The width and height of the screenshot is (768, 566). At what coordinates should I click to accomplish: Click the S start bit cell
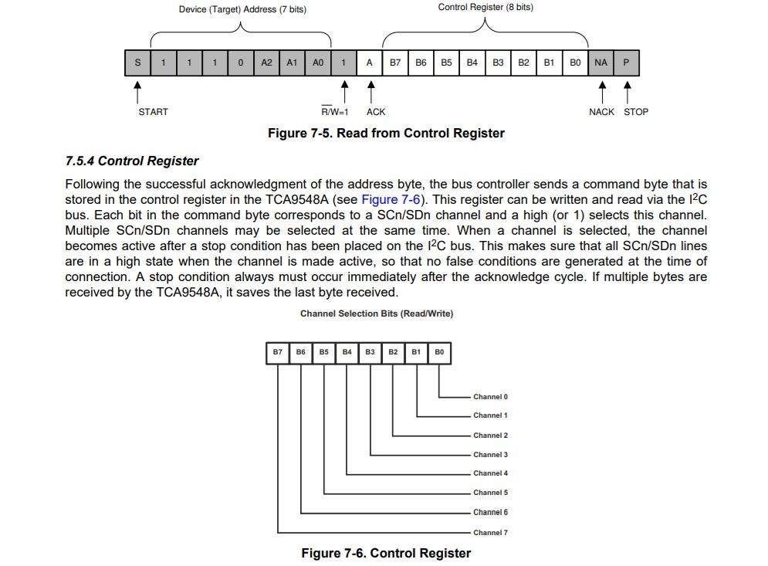tap(137, 63)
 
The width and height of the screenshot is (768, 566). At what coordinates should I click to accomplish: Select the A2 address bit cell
tap(266, 63)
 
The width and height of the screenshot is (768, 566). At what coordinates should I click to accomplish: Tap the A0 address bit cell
tap(318, 63)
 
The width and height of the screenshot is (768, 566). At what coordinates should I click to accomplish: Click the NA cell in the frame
tap(601, 63)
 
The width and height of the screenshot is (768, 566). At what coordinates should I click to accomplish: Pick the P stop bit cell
tap(627, 63)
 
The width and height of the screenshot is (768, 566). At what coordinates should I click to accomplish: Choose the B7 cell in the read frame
tap(395, 63)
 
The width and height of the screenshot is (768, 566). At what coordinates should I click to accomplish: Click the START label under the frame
tap(153, 112)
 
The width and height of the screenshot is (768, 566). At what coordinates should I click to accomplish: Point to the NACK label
tap(601, 112)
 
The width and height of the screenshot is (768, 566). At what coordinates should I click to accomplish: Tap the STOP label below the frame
tap(636, 112)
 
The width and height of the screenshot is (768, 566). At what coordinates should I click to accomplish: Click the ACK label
tap(376, 112)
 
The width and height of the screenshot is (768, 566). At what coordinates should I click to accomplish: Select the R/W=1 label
tap(335, 112)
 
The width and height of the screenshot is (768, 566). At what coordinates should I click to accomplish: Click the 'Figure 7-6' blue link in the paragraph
tap(391, 199)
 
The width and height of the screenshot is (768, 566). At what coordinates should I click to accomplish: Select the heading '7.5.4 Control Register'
tap(132, 161)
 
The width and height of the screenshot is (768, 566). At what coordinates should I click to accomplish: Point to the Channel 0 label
tap(490, 397)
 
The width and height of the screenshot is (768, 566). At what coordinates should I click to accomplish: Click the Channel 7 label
tap(490, 533)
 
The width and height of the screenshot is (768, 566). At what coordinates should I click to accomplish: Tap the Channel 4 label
tap(490, 473)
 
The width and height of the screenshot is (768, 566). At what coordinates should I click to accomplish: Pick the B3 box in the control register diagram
tap(370, 352)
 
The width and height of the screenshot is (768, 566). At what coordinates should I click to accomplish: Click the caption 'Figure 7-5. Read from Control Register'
tap(386, 134)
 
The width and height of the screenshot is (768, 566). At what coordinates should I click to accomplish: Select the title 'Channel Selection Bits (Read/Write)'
tap(377, 314)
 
